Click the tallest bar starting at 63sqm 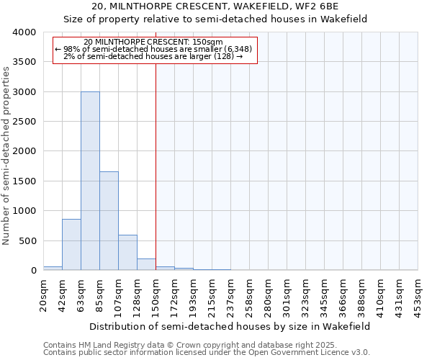tap(90, 181)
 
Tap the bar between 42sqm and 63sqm tap(71, 244)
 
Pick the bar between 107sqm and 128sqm tap(127, 252)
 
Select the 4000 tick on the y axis tap(24, 33)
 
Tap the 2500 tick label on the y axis tap(24, 122)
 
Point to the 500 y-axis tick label tap(27, 240)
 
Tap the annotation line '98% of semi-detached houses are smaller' tap(154, 49)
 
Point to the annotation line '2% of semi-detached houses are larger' tap(154, 56)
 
